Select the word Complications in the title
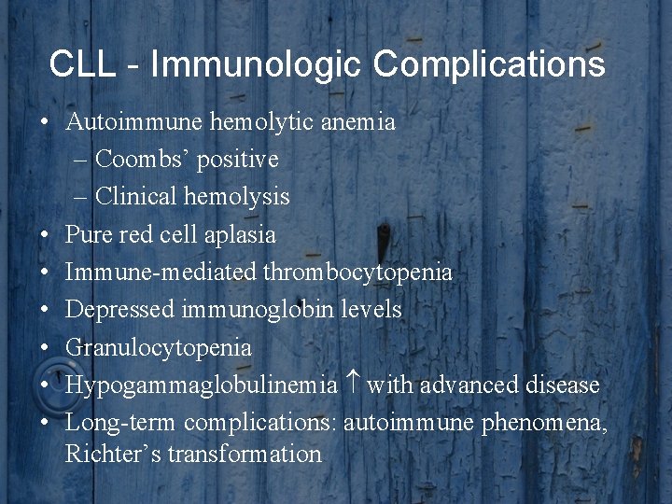[489, 64]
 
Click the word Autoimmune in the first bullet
[122, 122]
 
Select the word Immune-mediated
[161, 273]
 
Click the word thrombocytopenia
[358, 273]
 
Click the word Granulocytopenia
[159, 348]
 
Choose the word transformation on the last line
[245, 455]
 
